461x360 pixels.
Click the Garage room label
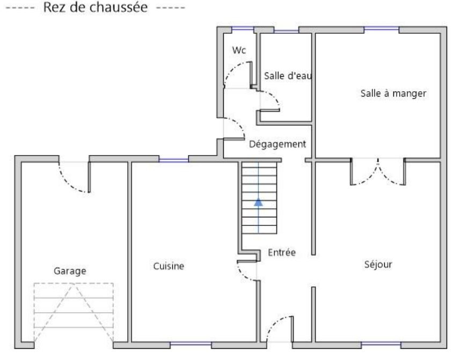pyautogui.click(x=70, y=271)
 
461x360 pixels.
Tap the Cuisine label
pyautogui.click(x=169, y=266)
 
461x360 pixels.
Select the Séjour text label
pyautogui.click(x=378, y=265)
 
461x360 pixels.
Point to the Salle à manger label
pyautogui.click(x=393, y=93)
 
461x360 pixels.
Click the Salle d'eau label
pyautogui.click(x=288, y=76)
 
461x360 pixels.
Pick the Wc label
pyautogui.click(x=239, y=50)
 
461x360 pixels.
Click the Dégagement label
pyautogui.click(x=277, y=144)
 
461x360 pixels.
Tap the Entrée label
pyautogui.click(x=281, y=253)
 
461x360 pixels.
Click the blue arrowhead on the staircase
pyautogui.click(x=258, y=202)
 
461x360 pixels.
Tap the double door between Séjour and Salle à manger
pyautogui.click(x=378, y=172)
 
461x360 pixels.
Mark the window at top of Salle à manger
pyautogui.click(x=381, y=29)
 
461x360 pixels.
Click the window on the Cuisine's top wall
pyautogui.click(x=174, y=159)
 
